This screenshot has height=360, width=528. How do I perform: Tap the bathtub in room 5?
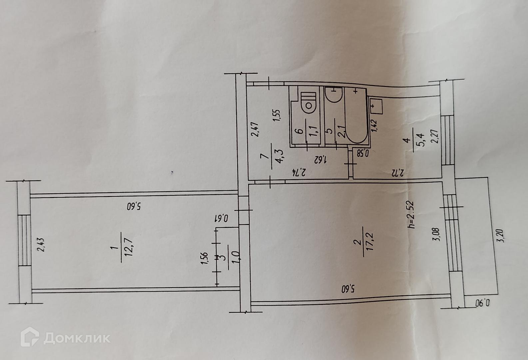click(355, 117)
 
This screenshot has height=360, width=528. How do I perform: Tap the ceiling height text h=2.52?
click(412, 214)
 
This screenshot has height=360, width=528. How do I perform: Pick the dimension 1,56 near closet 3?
click(205, 258)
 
